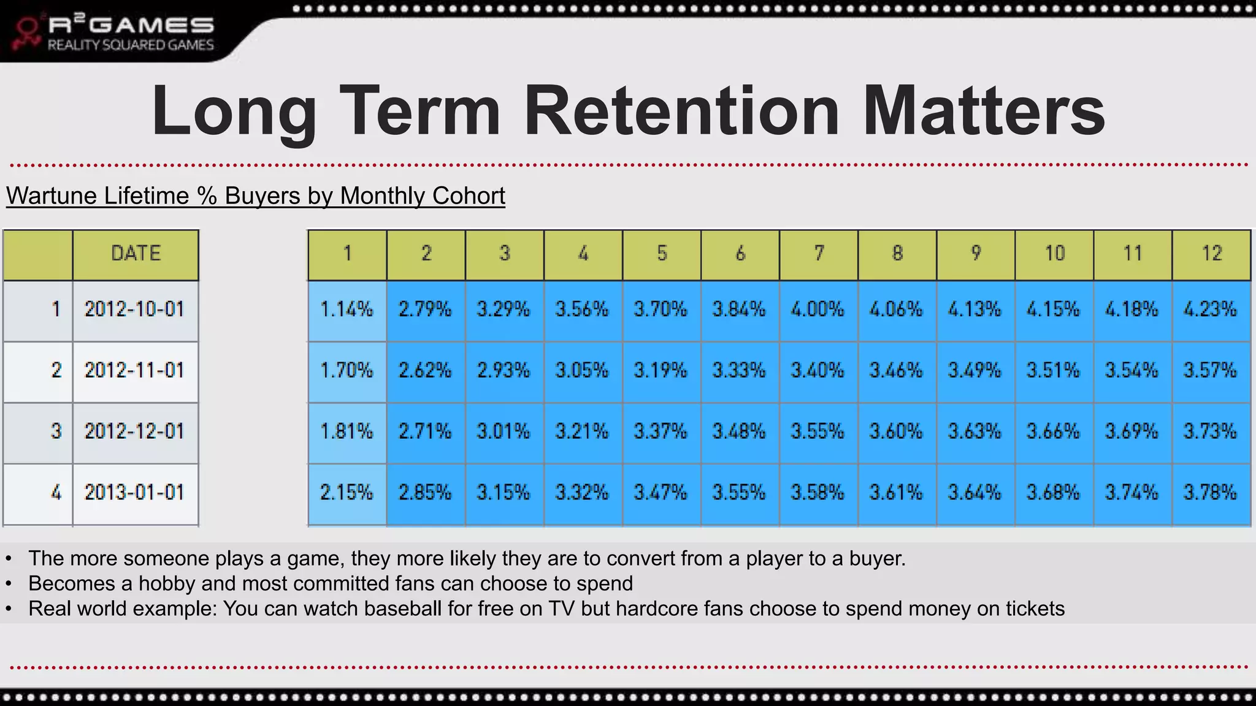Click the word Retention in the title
coord(681,112)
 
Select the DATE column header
coord(136,254)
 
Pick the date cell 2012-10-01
coord(134,309)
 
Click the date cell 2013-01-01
coord(134,493)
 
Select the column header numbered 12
coord(1211,254)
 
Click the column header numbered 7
coord(819,254)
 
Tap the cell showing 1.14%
coord(347,309)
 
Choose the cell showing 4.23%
coord(1210,309)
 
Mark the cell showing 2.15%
coord(347,493)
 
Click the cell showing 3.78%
coord(1210,493)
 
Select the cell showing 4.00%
coord(818,309)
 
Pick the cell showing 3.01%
coord(504,432)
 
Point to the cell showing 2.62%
coord(425,371)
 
